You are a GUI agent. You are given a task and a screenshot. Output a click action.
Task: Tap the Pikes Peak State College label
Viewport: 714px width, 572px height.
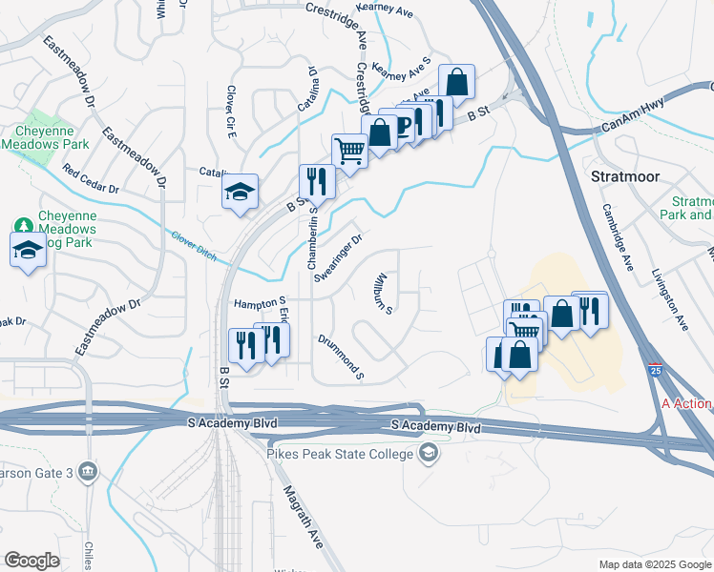341,451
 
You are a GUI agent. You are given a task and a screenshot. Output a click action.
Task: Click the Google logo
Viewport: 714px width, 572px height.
31,561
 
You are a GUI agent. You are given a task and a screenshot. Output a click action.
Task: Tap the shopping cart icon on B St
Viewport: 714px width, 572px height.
349,150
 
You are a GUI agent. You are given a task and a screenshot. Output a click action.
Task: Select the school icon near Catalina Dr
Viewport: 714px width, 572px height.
241,192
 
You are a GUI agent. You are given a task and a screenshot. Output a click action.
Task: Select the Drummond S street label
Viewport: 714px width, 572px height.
341,356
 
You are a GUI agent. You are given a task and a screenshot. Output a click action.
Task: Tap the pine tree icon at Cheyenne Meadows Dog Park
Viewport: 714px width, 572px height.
23,226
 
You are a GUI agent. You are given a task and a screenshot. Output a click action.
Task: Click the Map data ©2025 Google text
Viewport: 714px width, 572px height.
654,564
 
